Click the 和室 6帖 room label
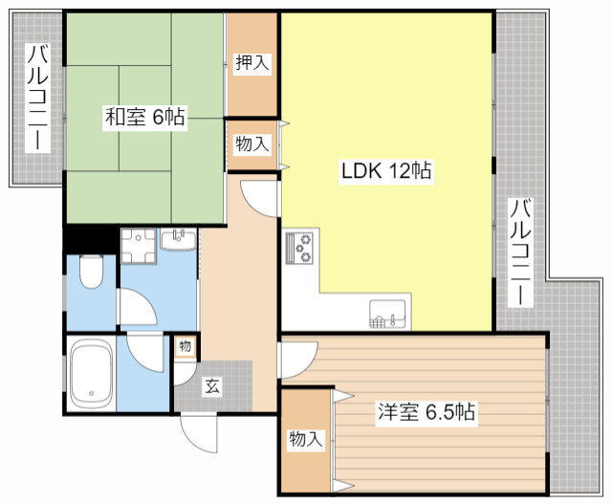144,117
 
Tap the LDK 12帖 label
386,170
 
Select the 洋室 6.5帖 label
426,412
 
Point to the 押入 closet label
252,62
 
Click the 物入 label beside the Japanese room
252,144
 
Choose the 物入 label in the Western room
306,439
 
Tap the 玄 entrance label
212,386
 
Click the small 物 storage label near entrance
185,346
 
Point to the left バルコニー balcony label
37,98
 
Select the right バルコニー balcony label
520,252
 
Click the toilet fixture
92,272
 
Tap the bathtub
92,374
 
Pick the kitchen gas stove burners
299,249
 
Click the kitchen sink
388,314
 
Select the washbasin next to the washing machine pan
179,240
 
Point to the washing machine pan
139,246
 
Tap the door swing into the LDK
260,198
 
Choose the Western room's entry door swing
298,360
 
